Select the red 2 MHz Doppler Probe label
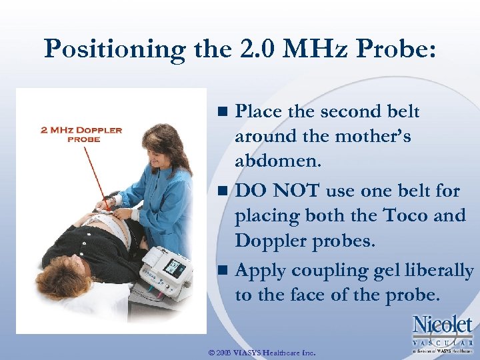(x=81, y=134)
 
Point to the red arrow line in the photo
(x=94, y=173)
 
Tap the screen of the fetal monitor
(x=174, y=267)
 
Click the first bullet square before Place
(x=225, y=111)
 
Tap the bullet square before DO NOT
(x=225, y=191)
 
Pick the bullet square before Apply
(x=225, y=271)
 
